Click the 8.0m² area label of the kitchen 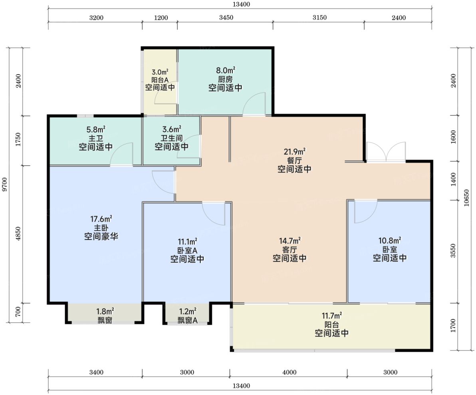[x=226, y=70]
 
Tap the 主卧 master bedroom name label [x=101, y=228]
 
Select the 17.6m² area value [x=101, y=219]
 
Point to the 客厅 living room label [x=290, y=250]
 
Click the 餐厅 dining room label [x=294, y=160]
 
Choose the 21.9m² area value [x=294, y=151]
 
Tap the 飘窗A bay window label [x=188, y=320]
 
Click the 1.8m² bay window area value [x=105, y=312]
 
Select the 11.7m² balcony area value [x=331, y=316]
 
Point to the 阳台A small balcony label [x=160, y=80]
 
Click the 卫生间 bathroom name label [x=172, y=138]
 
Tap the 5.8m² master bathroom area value [x=96, y=130]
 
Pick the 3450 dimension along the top [x=226, y=18]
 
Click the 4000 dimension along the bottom [x=289, y=372]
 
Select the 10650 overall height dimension [x=466, y=198]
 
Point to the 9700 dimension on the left [x=4, y=185]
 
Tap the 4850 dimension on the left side [x=18, y=234]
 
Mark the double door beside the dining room [x=386, y=151]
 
